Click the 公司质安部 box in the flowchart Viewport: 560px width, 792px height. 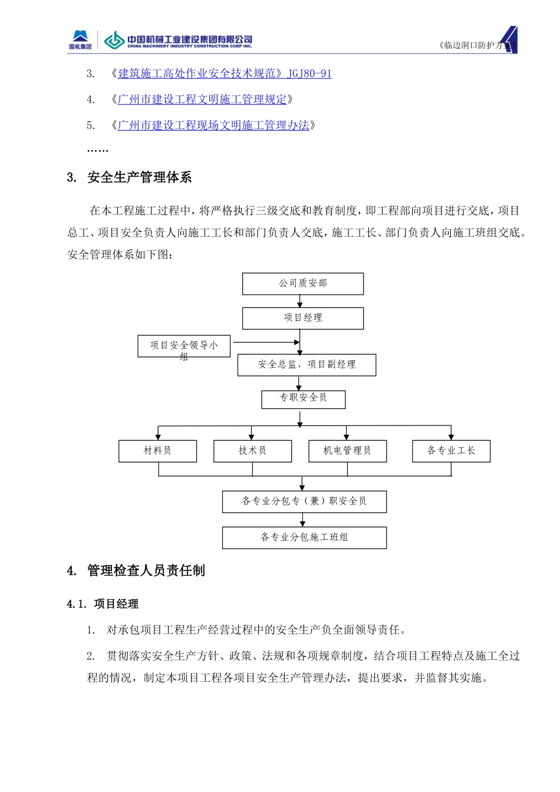pos(303,283)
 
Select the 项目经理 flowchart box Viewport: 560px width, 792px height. pos(303,318)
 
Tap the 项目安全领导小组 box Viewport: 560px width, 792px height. pos(184,346)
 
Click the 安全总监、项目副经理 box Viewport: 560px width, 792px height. pos(307,365)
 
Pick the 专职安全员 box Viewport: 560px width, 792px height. pos(303,399)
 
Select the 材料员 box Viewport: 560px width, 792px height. pos(157,451)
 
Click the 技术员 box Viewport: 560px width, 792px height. pos(252,451)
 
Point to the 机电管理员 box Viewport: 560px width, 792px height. pos(347,451)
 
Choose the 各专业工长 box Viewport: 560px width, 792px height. pos(451,451)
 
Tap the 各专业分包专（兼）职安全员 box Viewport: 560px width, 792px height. pos(304,501)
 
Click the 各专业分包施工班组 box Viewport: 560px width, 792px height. pos(304,537)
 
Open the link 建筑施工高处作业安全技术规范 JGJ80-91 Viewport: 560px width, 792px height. pos(225,74)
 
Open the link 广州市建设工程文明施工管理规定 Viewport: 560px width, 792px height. pos(202,100)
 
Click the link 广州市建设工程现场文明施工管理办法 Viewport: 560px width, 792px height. pos(213,126)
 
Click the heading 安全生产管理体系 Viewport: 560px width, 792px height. pos(139,177)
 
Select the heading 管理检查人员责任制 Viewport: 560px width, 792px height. pos(146,570)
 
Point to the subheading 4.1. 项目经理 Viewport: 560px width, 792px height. pos(103,604)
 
